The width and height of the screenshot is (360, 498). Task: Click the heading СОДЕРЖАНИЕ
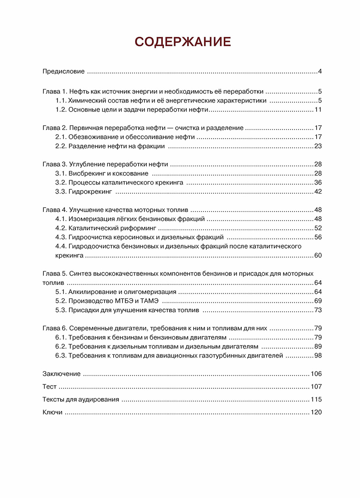[x=183, y=42]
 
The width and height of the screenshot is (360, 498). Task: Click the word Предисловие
[x=63, y=71]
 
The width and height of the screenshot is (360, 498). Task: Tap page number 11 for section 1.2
[x=318, y=110]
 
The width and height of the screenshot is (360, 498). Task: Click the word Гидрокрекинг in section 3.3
[x=90, y=192]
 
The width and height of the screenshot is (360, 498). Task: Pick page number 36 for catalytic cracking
[x=317, y=182]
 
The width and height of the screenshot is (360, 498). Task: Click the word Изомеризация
[x=88, y=219]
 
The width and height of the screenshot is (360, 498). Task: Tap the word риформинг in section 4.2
[x=140, y=228]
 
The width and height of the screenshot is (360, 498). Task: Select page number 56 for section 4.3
[x=317, y=237]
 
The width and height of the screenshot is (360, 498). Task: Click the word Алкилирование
[x=91, y=292]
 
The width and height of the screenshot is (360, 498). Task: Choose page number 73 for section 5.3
[x=317, y=310]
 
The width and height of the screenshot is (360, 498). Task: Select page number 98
[x=317, y=356]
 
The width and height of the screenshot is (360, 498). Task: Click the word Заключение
[x=61, y=374]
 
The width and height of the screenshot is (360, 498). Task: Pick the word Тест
[x=49, y=387]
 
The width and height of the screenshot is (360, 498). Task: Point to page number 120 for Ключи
[x=316, y=413]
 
